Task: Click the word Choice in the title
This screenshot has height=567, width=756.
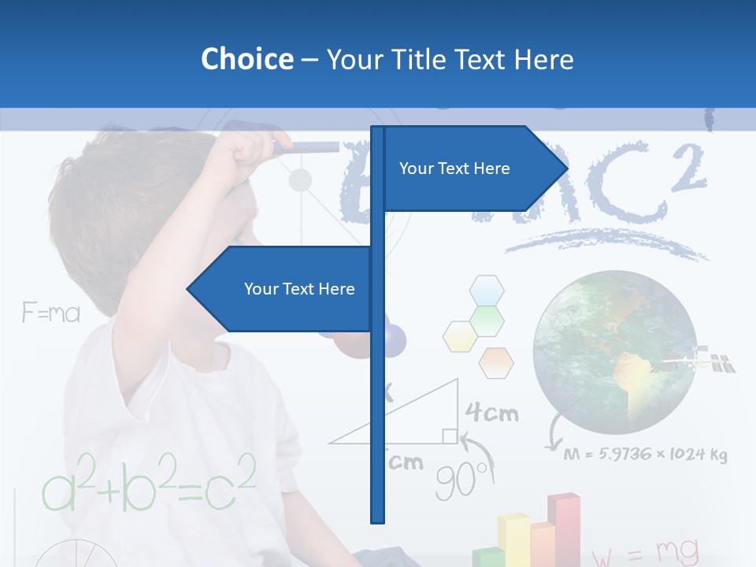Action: pyautogui.click(x=246, y=59)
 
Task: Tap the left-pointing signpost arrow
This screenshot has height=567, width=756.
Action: pyautogui.click(x=283, y=289)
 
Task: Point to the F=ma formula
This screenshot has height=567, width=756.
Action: pyautogui.click(x=51, y=313)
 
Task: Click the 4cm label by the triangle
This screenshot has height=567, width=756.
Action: pyautogui.click(x=491, y=412)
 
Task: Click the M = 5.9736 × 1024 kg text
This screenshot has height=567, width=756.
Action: pyautogui.click(x=646, y=454)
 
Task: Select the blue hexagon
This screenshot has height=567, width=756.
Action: pyautogui.click(x=487, y=290)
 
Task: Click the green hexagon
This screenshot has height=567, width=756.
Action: pyautogui.click(x=487, y=319)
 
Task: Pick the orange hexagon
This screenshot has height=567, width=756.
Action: pyautogui.click(x=496, y=362)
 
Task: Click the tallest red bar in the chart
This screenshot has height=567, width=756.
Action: pyautogui.click(x=564, y=528)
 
